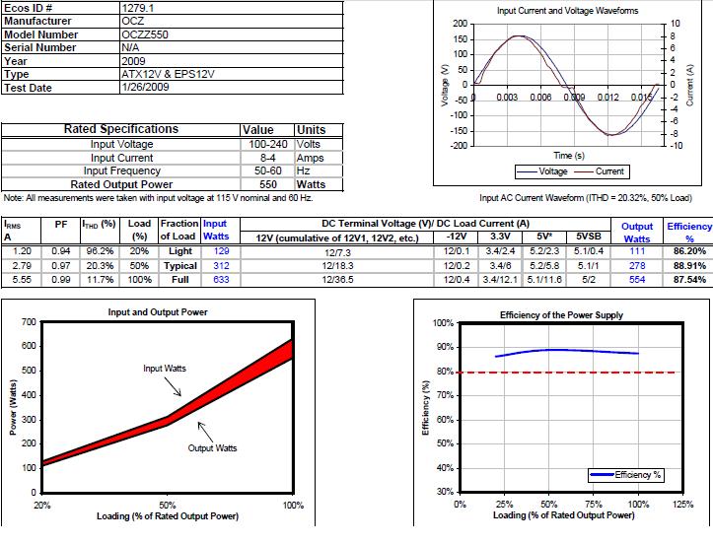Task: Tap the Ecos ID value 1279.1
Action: [135, 8]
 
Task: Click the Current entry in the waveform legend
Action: [609, 171]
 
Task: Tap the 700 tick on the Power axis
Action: [30, 322]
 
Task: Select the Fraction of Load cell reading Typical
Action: [180, 266]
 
